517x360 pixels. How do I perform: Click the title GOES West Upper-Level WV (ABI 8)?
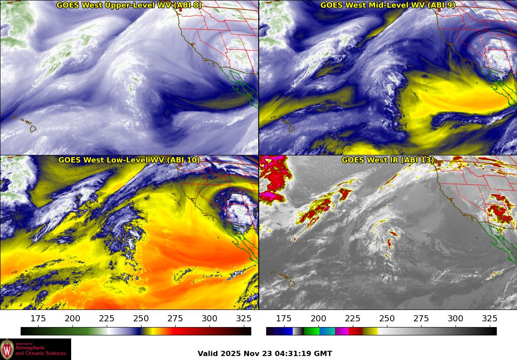coord(129,5)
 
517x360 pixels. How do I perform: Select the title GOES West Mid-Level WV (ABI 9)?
coord(388,5)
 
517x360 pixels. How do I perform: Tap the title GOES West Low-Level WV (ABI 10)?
coord(129,160)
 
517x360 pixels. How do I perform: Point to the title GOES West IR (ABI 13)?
coord(388,160)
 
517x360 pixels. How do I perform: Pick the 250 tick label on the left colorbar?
coord(141,319)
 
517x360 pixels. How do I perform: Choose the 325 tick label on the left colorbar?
coord(244,319)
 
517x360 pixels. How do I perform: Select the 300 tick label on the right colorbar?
coord(455,319)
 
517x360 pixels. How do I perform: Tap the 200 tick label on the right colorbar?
coord(318,319)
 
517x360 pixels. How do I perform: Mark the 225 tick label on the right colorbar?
coord(352,319)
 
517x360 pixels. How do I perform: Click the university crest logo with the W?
coord(7,349)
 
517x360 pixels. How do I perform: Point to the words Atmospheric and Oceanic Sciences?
coord(40,350)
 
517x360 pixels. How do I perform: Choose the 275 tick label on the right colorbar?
coord(421,319)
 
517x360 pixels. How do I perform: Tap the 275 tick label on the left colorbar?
coord(175,319)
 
